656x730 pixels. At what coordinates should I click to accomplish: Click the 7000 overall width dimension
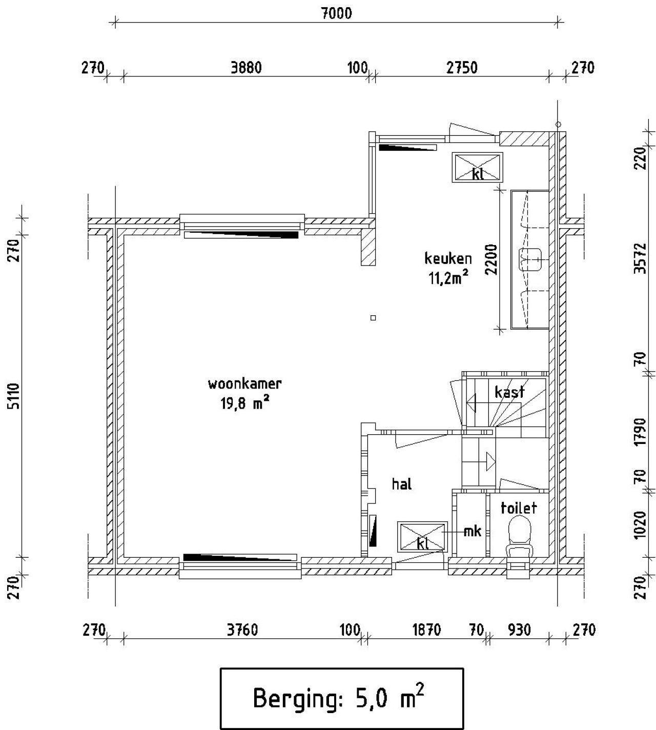pos(336,13)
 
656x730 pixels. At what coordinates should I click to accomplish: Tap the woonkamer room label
pos(245,384)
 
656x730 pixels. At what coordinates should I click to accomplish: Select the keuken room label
pos(448,258)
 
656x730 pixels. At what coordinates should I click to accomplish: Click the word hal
pos(402,484)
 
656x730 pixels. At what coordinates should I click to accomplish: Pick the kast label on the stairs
pos(509,392)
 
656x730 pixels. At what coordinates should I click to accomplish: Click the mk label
pos(472,532)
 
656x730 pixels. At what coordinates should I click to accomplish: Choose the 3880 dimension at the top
pos(246,68)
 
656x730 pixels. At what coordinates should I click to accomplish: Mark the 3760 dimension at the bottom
pos(242,629)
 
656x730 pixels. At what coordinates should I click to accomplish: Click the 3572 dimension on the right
pos(639,259)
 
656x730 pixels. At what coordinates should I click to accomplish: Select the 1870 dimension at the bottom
pos(426,629)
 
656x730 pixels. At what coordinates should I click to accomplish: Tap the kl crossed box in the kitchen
pos(477,167)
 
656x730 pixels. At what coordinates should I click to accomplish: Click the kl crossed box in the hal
pos(422,537)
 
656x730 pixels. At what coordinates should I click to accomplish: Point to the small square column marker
pos(373,318)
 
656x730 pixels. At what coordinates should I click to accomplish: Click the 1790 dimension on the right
pos(639,432)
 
